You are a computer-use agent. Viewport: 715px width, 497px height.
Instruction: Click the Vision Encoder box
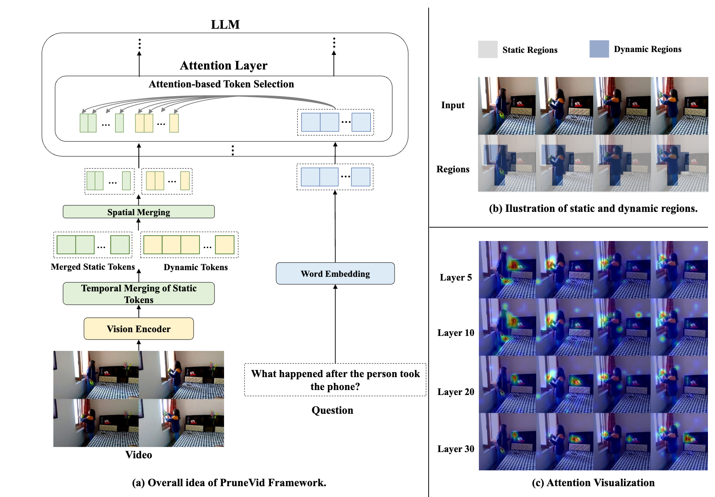pyautogui.click(x=138, y=329)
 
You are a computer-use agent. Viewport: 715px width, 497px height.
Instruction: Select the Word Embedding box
pyautogui.click(x=335, y=273)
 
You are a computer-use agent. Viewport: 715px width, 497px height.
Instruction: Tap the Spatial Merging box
pyautogui.click(x=138, y=212)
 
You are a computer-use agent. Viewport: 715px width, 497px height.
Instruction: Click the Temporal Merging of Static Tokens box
pyautogui.click(x=138, y=293)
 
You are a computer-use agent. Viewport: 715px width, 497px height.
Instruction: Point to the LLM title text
pyautogui.click(x=225, y=25)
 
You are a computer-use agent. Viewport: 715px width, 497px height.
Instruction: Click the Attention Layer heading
pyautogui.click(x=224, y=65)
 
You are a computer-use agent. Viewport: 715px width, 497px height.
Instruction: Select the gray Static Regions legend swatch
pyautogui.click(x=488, y=50)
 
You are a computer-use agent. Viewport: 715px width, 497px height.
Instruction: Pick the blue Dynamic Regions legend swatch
pyautogui.click(x=599, y=49)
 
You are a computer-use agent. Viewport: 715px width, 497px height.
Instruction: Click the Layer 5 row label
pyautogui.click(x=456, y=277)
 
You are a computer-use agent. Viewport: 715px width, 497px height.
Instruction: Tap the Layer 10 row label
pyautogui.click(x=456, y=333)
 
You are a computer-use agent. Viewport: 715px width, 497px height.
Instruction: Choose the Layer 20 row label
pyautogui.click(x=456, y=392)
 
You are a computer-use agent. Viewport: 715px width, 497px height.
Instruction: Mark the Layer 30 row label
pyautogui.click(x=456, y=449)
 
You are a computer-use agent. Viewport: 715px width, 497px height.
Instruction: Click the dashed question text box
pyautogui.click(x=335, y=380)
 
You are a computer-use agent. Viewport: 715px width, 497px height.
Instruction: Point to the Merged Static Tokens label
pyautogui.click(x=93, y=267)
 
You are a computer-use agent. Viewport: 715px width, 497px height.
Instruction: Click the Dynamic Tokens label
pyautogui.click(x=195, y=267)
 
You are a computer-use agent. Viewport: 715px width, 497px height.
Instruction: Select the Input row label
pyautogui.click(x=453, y=105)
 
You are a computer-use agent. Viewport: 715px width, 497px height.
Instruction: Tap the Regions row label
pyautogui.click(x=453, y=169)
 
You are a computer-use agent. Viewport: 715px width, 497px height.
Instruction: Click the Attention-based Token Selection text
pyautogui.click(x=221, y=84)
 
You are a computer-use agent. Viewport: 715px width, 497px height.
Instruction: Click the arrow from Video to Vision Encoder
pyautogui.click(x=139, y=345)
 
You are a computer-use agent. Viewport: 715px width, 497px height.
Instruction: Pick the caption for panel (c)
pyautogui.click(x=593, y=482)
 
